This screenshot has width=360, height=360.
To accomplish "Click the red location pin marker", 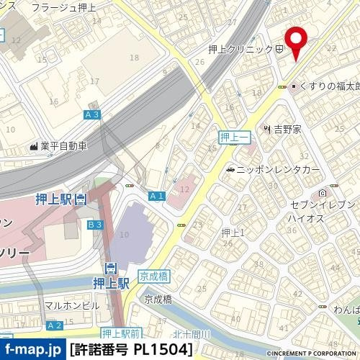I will [x=295, y=44].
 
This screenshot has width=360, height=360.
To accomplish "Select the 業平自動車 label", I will [x=63, y=146].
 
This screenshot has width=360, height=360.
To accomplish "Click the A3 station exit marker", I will [x=92, y=114].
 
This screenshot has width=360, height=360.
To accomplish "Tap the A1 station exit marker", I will [x=157, y=196].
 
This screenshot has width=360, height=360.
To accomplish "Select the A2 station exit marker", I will [x=55, y=325].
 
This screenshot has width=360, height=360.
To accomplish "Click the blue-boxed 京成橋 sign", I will [x=153, y=276].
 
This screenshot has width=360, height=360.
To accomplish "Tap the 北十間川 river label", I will [x=191, y=334].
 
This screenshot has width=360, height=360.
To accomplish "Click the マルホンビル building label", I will [x=72, y=305].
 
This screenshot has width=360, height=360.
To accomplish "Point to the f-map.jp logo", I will [x=32, y=351].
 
